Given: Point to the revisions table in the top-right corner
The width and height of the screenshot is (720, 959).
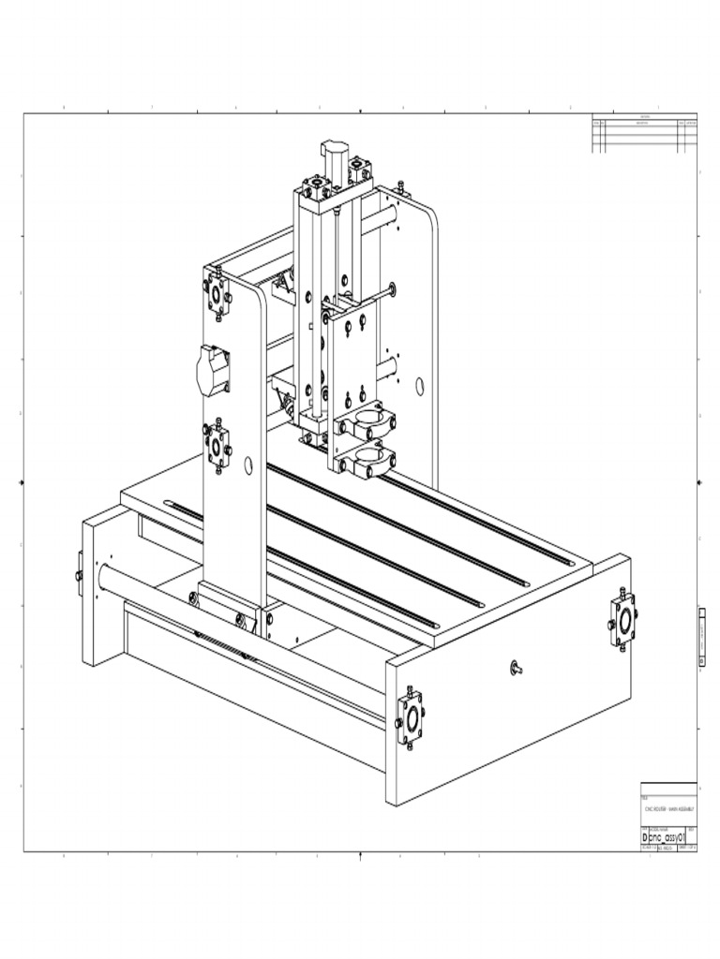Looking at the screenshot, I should [644, 134].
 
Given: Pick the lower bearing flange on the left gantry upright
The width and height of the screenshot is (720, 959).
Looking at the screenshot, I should [217, 447].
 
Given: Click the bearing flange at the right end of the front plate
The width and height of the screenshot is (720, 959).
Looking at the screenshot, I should [622, 619].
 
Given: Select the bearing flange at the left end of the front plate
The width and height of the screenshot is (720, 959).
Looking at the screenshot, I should [410, 718].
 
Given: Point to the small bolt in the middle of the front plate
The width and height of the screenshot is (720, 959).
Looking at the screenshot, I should [516, 668].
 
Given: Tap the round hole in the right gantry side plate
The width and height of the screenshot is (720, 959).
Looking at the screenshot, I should [420, 385].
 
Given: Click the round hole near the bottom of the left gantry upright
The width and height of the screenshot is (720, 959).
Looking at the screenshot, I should [248, 465].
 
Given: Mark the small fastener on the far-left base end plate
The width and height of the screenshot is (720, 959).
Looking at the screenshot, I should [79, 573].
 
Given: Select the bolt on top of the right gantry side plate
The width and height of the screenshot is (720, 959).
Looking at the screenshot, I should [400, 187].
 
